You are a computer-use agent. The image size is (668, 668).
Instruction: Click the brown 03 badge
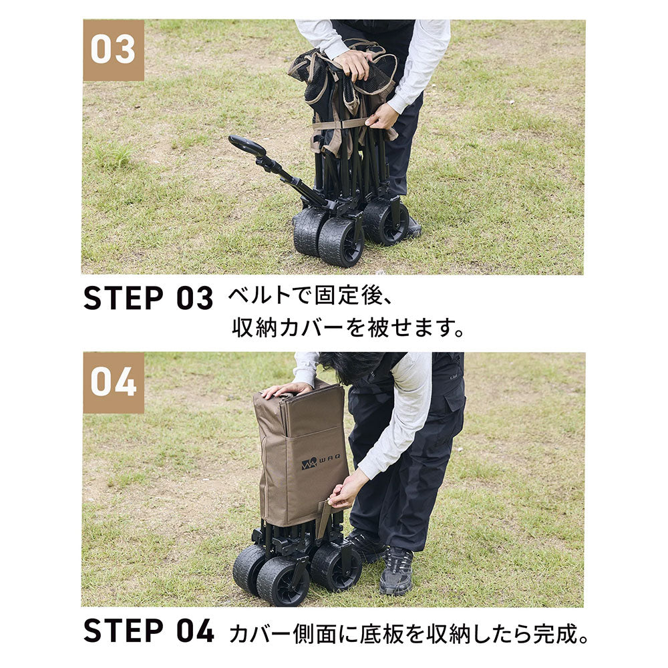coord(114,50)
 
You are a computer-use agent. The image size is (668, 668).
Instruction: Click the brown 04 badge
coord(114,382)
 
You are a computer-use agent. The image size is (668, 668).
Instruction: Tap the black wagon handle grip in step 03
coord(247,146)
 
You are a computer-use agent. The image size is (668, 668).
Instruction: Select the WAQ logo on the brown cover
coord(321,462)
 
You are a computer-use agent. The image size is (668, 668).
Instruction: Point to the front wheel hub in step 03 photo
coord(349,244)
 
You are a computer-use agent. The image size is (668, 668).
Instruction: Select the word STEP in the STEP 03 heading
coord(124,298)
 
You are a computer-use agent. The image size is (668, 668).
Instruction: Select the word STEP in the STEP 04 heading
coord(124,631)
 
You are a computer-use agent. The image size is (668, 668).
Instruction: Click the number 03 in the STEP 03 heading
coord(194,298)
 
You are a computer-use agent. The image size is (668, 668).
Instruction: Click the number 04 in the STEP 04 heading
coord(195,631)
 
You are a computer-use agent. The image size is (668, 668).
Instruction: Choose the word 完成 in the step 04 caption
coord(554,633)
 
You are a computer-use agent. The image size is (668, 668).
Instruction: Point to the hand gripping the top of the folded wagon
coord(356,65)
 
